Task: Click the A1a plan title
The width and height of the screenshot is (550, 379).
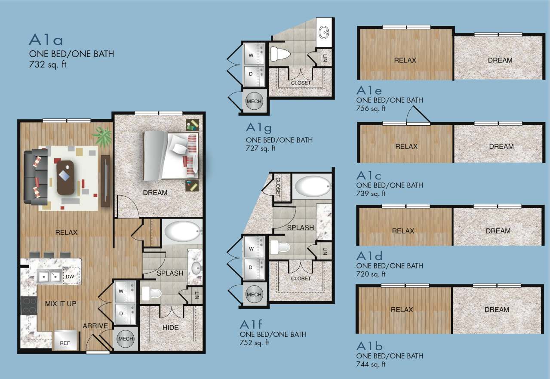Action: click(x=46, y=40)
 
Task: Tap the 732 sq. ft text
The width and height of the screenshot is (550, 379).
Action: click(x=48, y=65)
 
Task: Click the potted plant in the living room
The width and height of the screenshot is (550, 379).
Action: click(x=102, y=136)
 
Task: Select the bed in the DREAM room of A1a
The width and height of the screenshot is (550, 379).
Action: click(x=171, y=155)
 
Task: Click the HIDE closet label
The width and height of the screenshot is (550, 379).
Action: click(x=170, y=327)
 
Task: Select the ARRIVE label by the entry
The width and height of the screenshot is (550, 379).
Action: click(x=95, y=326)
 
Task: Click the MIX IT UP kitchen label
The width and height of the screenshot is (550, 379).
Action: click(x=61, y=304)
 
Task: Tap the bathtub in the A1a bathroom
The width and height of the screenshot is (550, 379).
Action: click(x=182, y=231)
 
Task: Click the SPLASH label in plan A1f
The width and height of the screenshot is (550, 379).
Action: click(x=301, y=228)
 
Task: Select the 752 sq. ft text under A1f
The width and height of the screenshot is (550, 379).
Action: click(x=255, y=343)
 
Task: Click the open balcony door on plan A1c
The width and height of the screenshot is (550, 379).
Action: click(x=417, y=115)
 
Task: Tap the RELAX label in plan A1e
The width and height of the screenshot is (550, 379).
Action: click(x=405, y=60)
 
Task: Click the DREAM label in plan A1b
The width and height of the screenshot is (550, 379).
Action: click(x=497, y=310)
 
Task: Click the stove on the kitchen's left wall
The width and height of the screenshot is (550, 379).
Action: click(x=29, y=305)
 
